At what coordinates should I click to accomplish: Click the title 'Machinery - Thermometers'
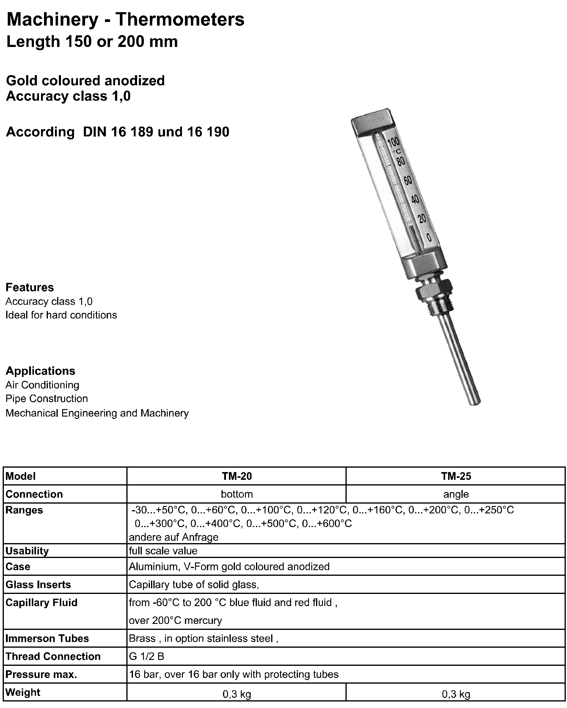point(125,19)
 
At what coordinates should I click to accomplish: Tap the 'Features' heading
point(29,287)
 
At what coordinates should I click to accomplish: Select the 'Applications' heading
point(40,371)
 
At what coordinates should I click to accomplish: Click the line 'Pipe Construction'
point(47,399)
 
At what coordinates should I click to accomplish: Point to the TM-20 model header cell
point(237,476)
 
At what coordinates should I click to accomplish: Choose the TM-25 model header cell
point(456,476)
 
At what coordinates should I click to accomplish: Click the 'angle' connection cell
point(456,494)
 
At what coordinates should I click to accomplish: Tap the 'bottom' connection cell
point(237,494)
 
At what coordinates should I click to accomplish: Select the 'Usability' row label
point(27,551)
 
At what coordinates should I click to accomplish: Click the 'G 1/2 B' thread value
point(147,656)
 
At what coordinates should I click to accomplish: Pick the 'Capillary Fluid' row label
point(41,603)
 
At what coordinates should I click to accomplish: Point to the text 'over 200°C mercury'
point(175,621)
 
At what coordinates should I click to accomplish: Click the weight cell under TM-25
point(456,694)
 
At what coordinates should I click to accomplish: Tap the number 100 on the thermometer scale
point(393,142)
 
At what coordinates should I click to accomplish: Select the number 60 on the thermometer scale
point(408,180)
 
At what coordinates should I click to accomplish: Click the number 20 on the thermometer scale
point(422,218)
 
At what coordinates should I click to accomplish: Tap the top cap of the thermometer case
point(373,122)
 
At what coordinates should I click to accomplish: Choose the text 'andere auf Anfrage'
point(174,537)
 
